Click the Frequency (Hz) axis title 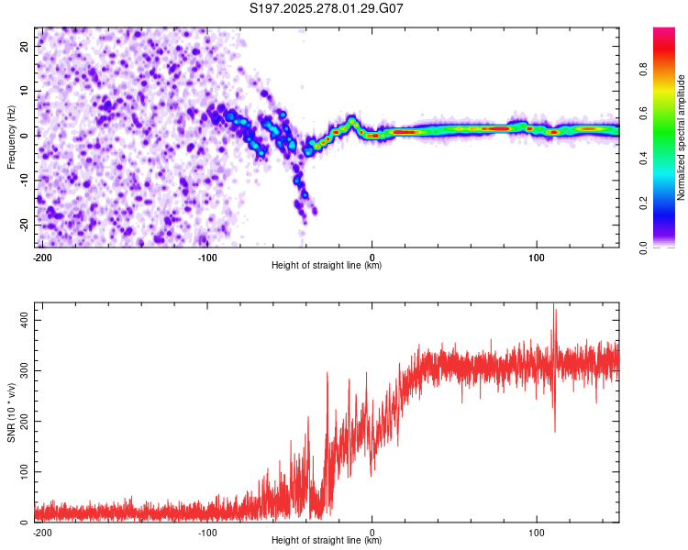coord(11,137)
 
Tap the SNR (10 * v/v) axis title coord(11,414)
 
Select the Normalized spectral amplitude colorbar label coord(682,137)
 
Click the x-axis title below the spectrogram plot coord(327,266)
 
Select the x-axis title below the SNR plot coord(327,541)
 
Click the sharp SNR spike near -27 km coord(327,374)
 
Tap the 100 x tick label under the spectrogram coord(537,256)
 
